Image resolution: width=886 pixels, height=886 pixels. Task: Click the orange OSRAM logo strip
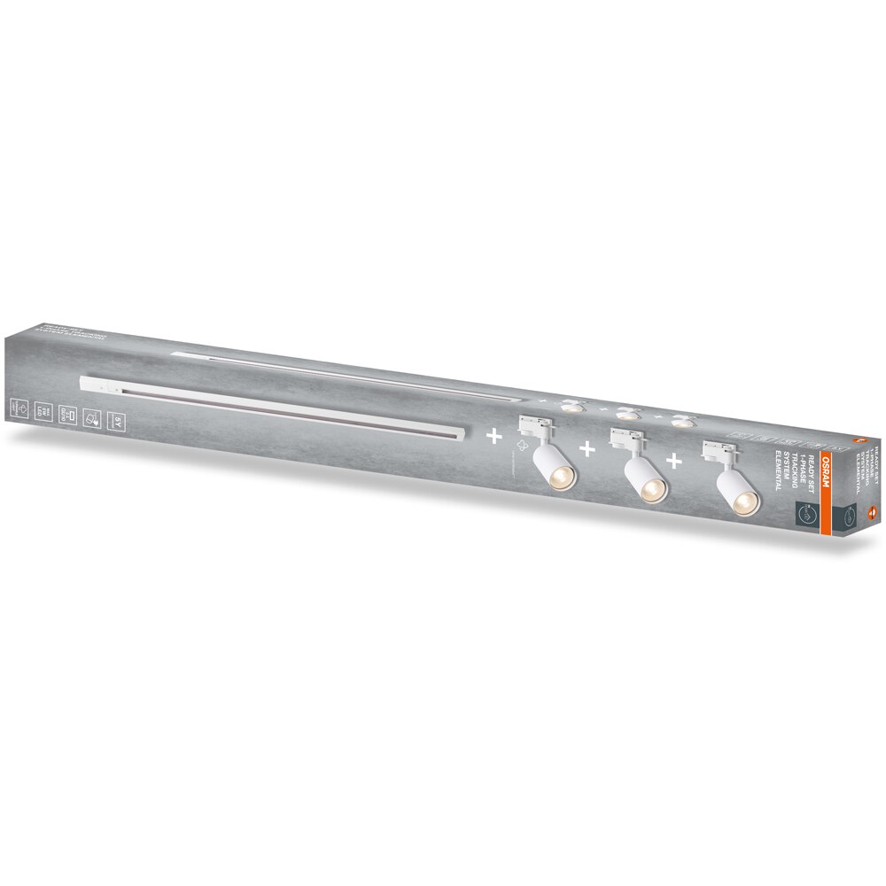tap(824, 482)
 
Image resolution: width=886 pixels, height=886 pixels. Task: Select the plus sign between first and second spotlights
tap(587, 449)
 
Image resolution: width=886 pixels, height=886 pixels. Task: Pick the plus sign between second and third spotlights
tap(675, 460)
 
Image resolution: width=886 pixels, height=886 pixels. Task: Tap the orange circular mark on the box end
tap(869, 509)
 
